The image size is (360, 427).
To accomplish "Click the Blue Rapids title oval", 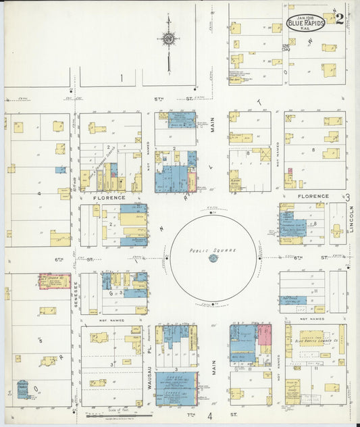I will point(306,23).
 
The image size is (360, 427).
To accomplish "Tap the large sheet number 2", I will point(339,19).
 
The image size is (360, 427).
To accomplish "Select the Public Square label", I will point(213,250).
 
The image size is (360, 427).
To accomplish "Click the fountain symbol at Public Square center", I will point(213,258).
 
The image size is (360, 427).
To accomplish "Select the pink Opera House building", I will point(54,282).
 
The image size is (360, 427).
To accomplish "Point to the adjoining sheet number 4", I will point(210,416).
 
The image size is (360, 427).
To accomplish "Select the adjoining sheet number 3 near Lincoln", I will point(347,197).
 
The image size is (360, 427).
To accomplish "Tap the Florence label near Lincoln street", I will point(313,197).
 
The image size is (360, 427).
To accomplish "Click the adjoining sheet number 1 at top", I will point(122,78).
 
